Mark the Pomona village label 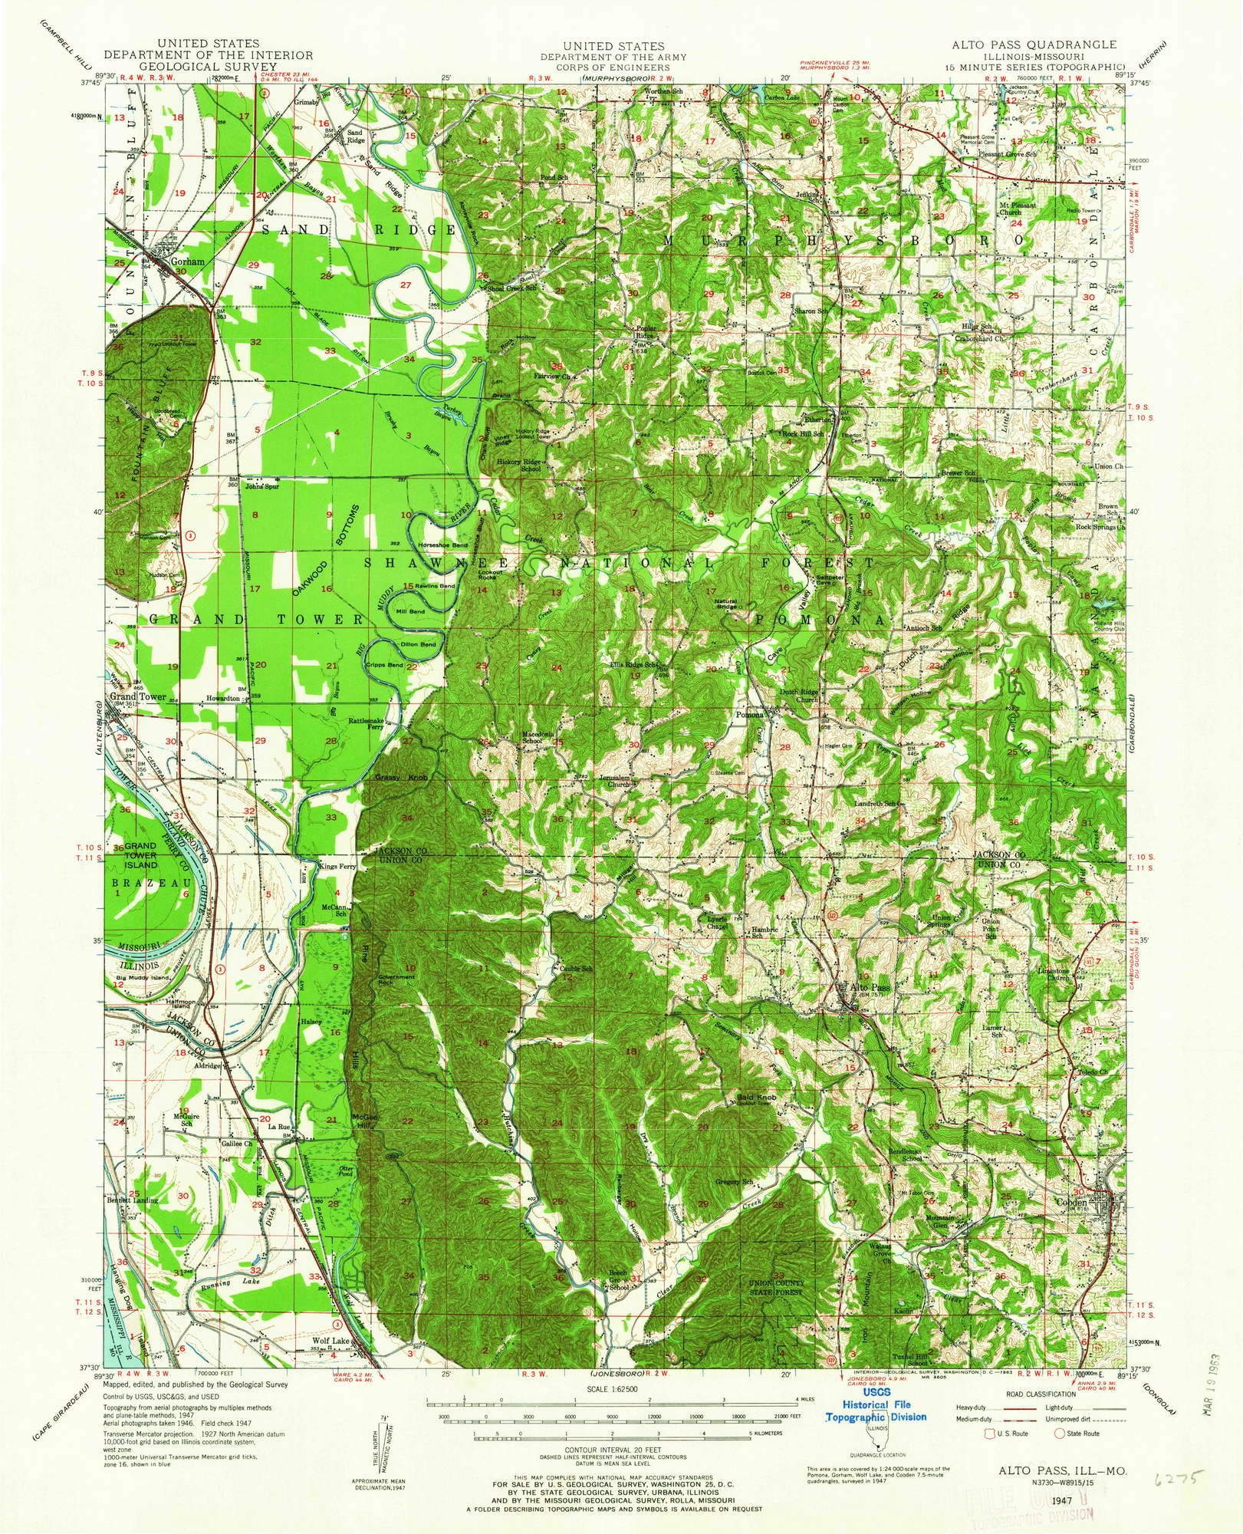(x=749, y=715)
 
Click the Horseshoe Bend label (x=443, y=544)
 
